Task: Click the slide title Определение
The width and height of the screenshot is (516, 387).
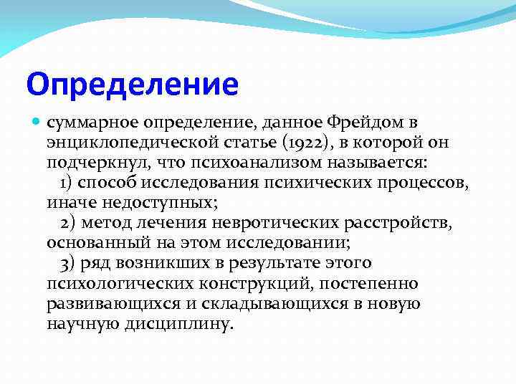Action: point(132,83)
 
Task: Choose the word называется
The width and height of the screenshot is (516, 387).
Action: point(386,163)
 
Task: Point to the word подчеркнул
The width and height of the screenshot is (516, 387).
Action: point(90,163)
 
